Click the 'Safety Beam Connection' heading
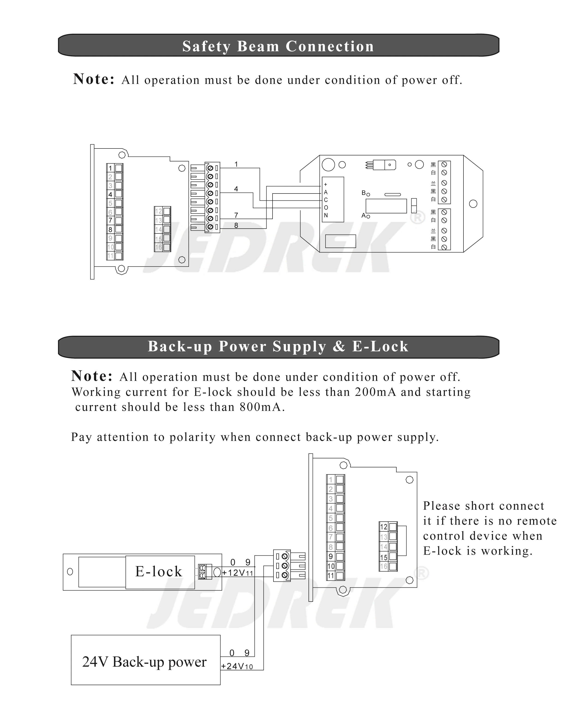coord(278,46)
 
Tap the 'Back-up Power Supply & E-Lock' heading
coord(278,346)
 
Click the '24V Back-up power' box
coord(145,662)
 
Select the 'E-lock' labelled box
coord(159,571)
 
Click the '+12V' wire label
coord(234,573)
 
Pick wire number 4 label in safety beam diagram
coord(236,189)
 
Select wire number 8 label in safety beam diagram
coord(236,226)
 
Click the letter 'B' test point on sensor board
coord(364,193)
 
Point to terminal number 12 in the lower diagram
coord(384,527)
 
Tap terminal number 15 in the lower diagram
coord(384,557)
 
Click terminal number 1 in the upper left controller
coord(110,168)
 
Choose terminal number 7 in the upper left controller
coord(110,220)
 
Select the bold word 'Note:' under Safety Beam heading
coord(94,79)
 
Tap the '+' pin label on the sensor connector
coord(326,185)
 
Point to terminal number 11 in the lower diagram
coord(331,576)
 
